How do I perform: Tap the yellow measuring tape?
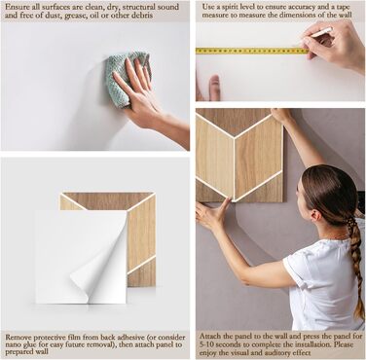pyautogui.click(x=251, y=51)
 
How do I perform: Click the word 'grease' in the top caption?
pyautogui.click(x=77, y=16)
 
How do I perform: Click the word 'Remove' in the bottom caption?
pyautogui.click(x=18, y=338)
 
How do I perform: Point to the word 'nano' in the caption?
pyautogui.click(x=13, y=344)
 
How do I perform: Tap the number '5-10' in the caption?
pyautogui.click(x=206, y=344)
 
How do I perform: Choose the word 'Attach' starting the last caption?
pyautogui.click(x=210, y=336)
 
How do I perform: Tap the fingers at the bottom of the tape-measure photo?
pyautogui.click(x=211, y=88)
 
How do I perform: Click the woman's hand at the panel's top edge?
pyautogui.click(x=280, y=115)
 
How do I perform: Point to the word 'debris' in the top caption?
pyautogui.click(x=141, y=16)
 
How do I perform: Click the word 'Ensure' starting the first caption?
pyautogui.click(x=17, y=7)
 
